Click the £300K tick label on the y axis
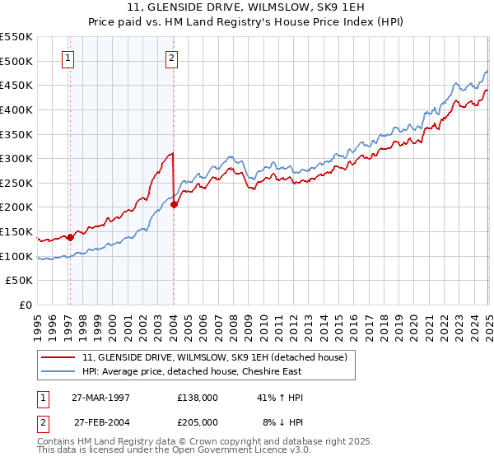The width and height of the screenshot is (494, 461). point(16,158)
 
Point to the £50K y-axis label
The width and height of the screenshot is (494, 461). point(18,281)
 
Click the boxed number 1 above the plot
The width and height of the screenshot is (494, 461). point(68,58)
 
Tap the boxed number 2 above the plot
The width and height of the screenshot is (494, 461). point(171,58)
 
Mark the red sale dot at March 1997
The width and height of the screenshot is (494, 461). point(70,237)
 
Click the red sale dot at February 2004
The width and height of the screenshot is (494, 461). point(175,205)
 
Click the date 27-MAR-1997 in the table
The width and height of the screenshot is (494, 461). point(100,398)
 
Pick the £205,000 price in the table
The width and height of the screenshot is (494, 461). point(197,421)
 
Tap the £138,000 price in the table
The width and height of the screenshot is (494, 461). point(197,398)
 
